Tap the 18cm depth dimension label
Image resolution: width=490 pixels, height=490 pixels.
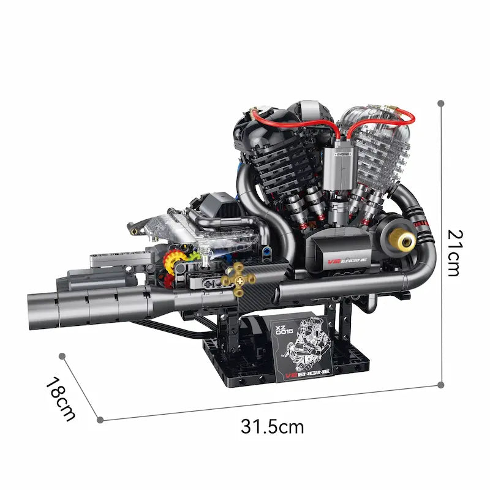(60, 398)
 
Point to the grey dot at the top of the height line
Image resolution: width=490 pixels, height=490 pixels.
(440, 104)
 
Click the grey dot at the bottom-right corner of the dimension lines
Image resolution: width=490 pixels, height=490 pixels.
(441, 385)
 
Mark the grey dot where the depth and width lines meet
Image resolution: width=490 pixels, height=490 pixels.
(100, 420)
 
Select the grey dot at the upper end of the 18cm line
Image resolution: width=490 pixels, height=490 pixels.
(62, 355)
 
